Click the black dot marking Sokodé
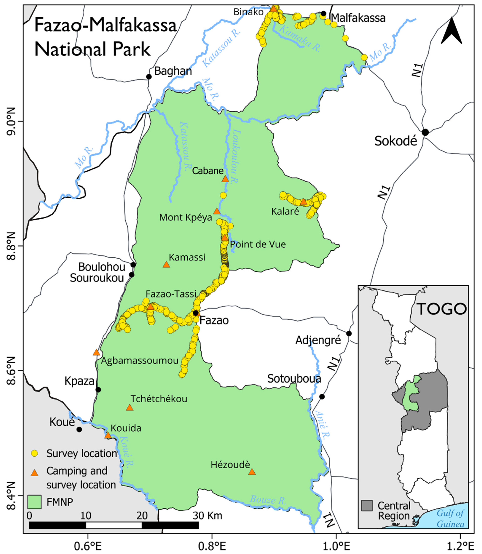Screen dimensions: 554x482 425,132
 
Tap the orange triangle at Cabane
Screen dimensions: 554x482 225,179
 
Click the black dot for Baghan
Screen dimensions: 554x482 149,77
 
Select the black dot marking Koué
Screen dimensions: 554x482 79,429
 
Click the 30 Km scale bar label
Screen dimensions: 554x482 207,516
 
